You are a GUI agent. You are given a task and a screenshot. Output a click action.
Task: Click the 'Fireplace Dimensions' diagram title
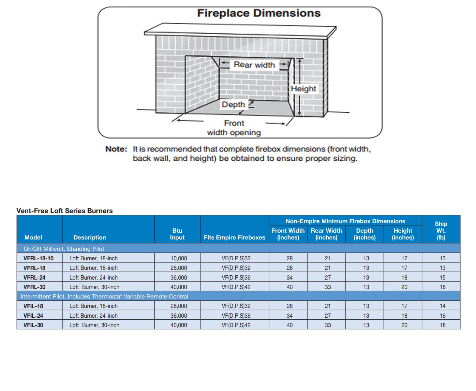[259, 13]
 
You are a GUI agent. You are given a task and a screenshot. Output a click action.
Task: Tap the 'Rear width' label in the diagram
[254, 65]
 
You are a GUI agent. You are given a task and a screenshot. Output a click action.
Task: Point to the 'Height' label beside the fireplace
[303, 89]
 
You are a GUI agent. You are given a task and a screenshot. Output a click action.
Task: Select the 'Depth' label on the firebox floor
[233, 105]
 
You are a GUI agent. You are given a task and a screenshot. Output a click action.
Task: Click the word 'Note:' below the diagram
[116, 149]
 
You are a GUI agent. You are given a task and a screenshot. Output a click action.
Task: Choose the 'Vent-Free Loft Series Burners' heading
[65, 211]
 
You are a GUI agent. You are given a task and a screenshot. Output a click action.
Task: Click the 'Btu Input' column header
[177, 234]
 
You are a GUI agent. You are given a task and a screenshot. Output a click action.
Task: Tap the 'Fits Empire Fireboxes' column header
[234, 238]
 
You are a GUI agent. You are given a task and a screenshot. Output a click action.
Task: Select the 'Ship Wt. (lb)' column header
[441, 230]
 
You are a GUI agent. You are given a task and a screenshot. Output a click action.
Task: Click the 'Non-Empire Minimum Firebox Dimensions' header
[345, 221]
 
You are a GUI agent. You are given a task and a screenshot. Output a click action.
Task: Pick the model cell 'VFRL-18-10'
[38, 258]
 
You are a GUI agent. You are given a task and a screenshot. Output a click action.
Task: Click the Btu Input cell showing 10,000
[179, 258]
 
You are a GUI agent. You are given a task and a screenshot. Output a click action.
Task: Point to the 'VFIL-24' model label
[33, 316]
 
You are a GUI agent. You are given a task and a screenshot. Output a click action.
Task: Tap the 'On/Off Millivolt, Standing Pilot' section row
[64, 249]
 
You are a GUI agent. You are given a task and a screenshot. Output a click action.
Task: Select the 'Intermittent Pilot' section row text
[104, 297]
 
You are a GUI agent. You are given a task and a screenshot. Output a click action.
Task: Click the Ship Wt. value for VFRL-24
[442, 278]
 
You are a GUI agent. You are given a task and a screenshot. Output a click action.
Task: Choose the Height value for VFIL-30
[404, 325]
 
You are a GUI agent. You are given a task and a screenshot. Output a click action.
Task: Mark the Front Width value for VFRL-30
[290, 287]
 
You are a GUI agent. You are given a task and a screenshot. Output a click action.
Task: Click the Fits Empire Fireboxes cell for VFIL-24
[236, 316]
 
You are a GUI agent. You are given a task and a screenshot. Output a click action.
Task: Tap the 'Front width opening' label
[234, 128]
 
